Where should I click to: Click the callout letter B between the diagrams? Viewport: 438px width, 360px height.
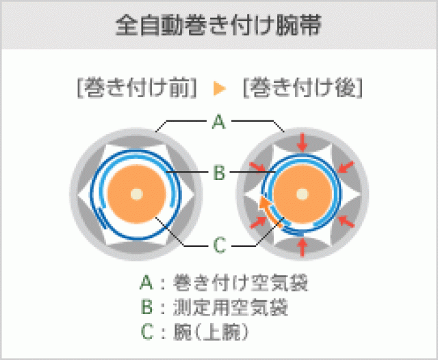click(x=218, y=172)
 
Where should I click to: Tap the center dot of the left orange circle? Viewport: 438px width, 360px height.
click(x=137, y=194)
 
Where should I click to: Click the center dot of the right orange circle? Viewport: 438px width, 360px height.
click(x=301, y=194)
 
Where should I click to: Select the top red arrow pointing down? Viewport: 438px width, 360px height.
click(x=301, y=141)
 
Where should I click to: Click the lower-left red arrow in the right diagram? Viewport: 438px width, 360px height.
click(x=258, y=220)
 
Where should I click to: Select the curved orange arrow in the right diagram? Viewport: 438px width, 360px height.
click(x=270, y=211)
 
